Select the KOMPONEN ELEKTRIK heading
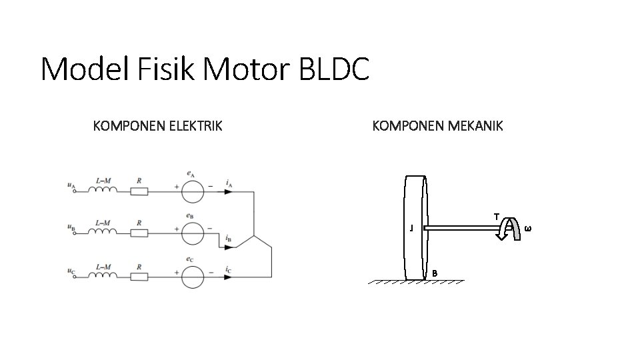point(157,125)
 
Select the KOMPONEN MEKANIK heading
point(438,125)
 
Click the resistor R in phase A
point(139,192)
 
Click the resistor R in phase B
point(139,233)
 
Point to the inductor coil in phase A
point(103,190)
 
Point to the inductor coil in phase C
point(103,274)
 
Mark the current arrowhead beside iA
point(229,192)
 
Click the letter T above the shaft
point(497,216)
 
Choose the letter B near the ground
point(435,273)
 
